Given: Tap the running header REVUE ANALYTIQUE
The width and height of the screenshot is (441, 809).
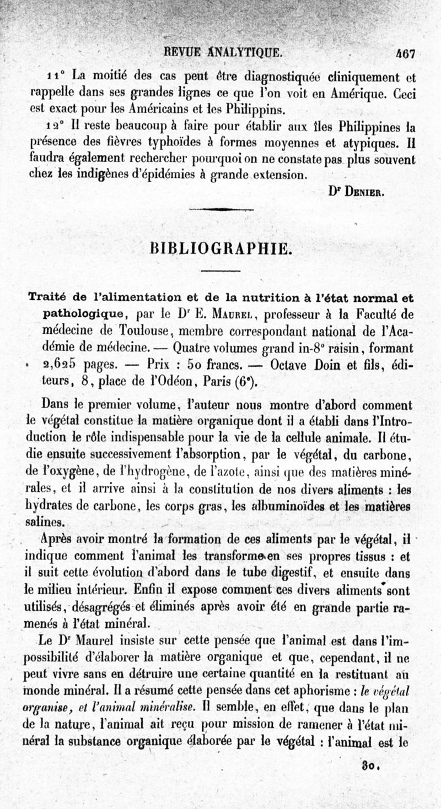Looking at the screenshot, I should (220, 53).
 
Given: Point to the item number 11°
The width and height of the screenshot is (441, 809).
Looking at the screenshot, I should (57, 76).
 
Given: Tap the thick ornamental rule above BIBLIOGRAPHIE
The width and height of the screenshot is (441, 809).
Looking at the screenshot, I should (217, 209).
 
